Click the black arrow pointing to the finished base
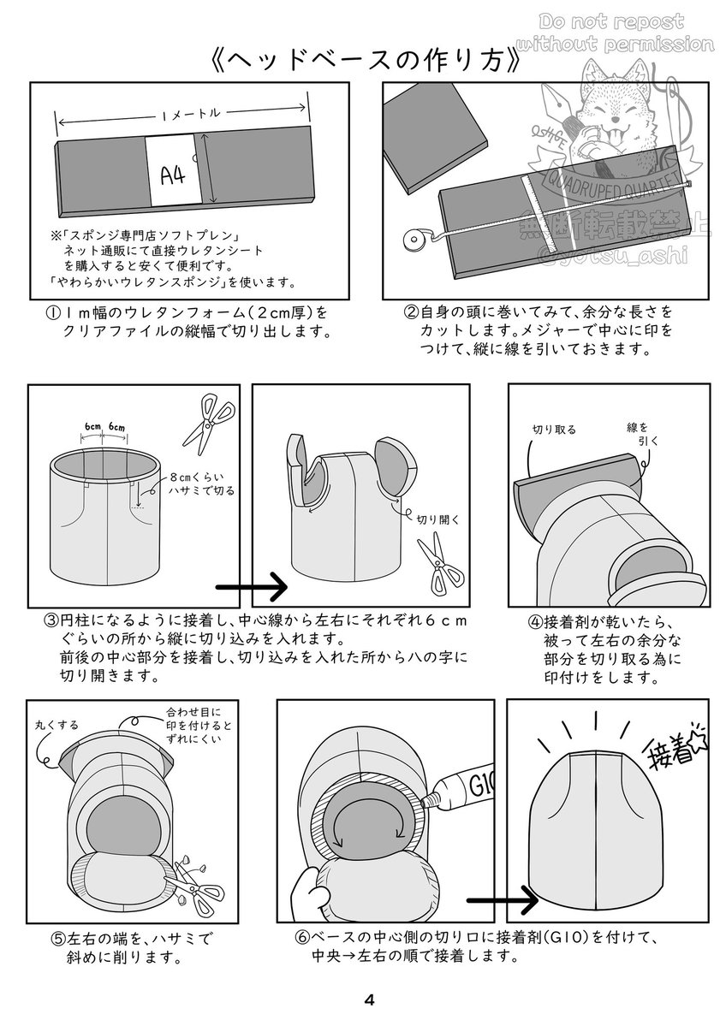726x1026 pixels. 503,902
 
